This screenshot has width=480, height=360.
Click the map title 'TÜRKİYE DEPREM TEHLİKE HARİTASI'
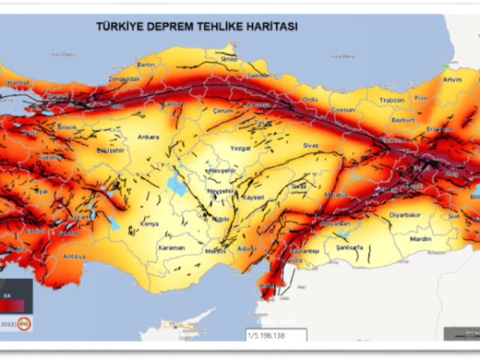(x=196, y=26)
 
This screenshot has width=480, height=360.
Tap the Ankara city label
(x=149, y=137)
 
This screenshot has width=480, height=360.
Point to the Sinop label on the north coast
(x=229, y=58)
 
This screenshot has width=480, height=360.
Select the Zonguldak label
(x=124, y=79)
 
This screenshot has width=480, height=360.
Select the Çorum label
(x=223, y=111)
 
